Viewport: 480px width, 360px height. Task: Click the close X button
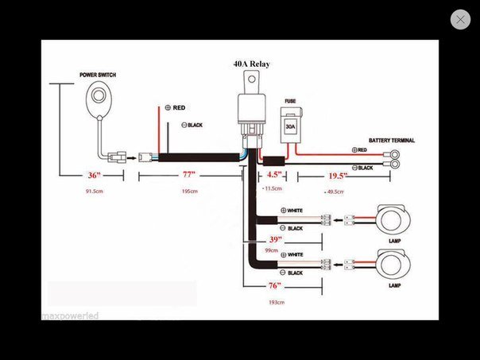pos(460,20)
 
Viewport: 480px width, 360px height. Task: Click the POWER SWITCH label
pos(99,75)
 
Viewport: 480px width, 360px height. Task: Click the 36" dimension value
pos(95,176)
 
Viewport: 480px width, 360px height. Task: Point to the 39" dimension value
pos(276,239)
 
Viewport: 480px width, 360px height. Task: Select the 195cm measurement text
pos(190,192)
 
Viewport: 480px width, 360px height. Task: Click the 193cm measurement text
pos(276,303)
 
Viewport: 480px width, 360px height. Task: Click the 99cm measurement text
pos(272,251)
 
